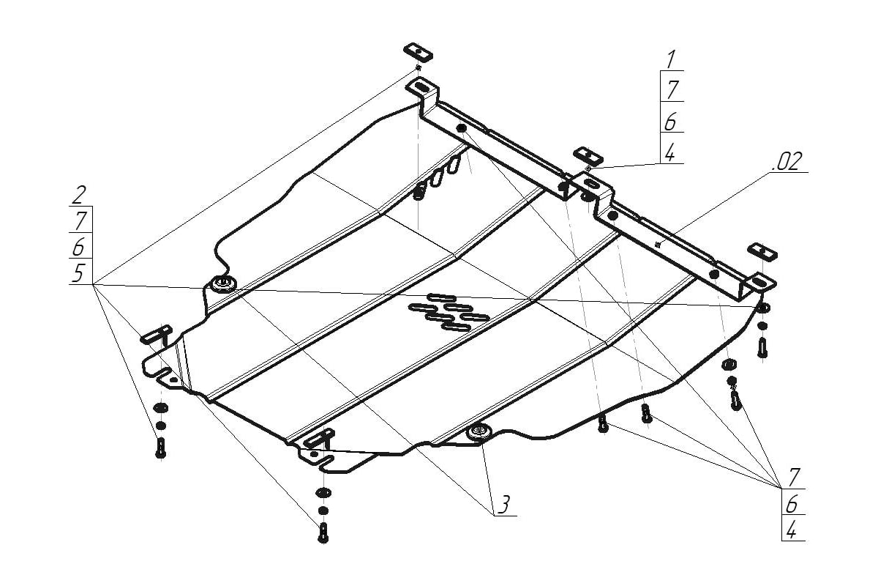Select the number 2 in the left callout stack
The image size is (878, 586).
click(x=80, y=196)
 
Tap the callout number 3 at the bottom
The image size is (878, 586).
click(x=504, y=503)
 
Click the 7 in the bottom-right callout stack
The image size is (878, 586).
click(x=793, y=478)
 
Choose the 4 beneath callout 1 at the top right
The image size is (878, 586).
click(x=669, y=152)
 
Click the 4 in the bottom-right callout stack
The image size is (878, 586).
click(x=791, y=530)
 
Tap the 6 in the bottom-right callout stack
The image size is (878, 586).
click(x=792, y=504)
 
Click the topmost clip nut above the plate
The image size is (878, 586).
click(x=417, y=52)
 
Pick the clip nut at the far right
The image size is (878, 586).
click(x=762, y=251)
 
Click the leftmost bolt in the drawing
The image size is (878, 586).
click(x=161, y=447)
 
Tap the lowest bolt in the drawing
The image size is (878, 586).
click(x=323, y=533)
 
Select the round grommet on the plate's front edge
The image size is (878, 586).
click(x=479, y=433)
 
